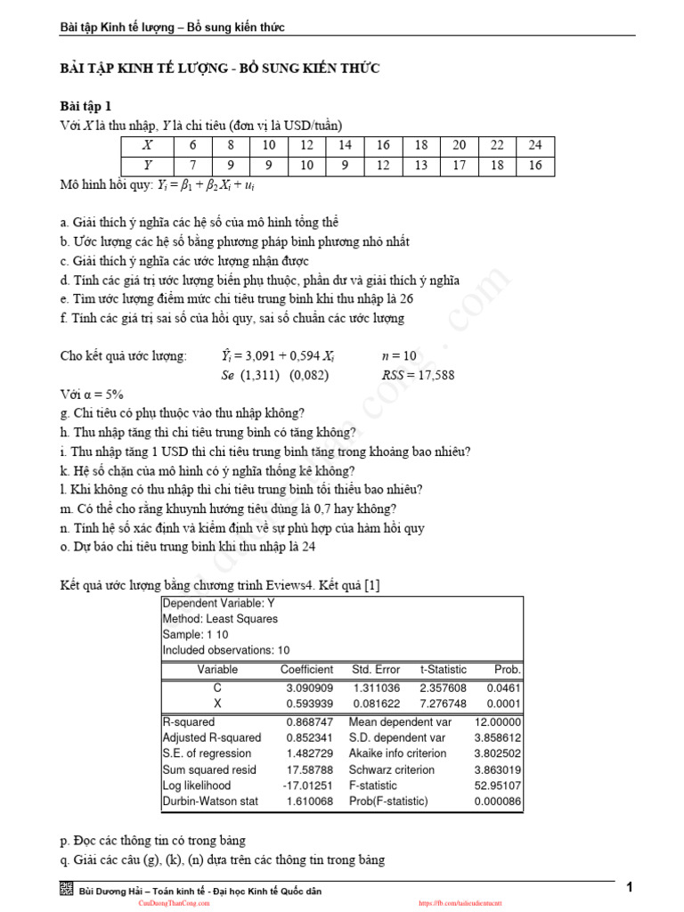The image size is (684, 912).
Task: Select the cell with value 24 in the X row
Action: click(x=534, y=146)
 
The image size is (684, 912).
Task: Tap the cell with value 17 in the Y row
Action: click(x=459, y=166)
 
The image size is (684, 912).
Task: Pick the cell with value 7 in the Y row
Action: click(x=193, y=166)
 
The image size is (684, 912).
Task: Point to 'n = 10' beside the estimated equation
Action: click(x=398, y=356)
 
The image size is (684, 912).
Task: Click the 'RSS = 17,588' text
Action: click(x=418, y=375)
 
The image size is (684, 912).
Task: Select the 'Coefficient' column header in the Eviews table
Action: click(x=306, y=670)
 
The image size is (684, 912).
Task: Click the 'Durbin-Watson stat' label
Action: click(x=210, y=802)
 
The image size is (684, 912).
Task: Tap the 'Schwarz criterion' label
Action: click(x=392, y=769)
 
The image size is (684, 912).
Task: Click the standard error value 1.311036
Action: click(x=377, y=688)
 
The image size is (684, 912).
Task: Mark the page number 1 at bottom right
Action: click(x=630, y=887)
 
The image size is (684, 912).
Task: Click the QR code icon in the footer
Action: click(x=67, y=890)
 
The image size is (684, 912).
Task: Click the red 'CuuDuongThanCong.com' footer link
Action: click(x=174, y=903)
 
